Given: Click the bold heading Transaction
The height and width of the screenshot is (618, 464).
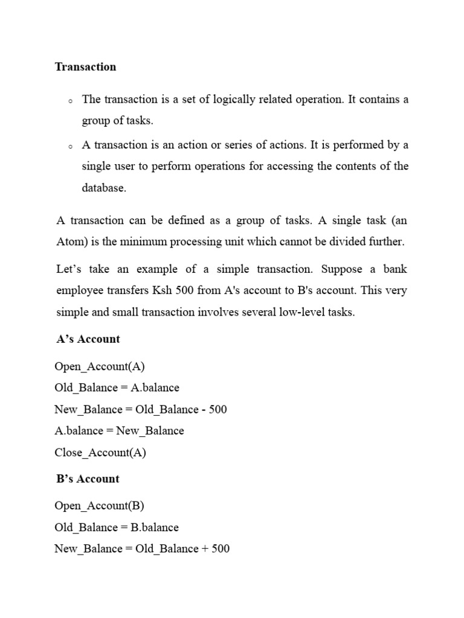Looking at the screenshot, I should (85, 67).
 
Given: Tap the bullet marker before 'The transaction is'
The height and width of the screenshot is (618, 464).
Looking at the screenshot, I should (71, 101).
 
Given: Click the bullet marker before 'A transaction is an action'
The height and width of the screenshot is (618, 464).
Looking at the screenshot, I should (71, 147).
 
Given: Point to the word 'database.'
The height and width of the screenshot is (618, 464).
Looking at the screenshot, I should (105, 188).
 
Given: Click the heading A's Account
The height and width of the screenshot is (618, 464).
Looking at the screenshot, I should (88, 339).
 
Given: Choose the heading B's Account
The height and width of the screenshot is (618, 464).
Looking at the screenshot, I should (88, 479).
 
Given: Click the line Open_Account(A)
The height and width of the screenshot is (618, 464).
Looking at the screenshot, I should (100, 366).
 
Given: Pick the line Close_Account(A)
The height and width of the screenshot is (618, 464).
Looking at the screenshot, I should (100, 453).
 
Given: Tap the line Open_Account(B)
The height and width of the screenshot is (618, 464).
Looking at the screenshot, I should (100, 506).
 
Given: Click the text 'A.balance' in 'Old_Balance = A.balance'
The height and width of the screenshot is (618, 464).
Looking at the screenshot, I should (155, 387).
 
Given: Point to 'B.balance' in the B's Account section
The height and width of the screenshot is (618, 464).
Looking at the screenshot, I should (155, 527).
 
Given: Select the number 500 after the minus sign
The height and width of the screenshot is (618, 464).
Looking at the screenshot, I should (217, 409).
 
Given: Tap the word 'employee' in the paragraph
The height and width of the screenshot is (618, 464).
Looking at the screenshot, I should (79, 290).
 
